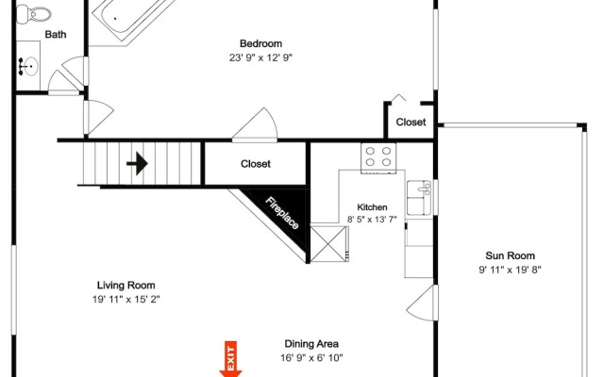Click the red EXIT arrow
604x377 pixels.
coord(230,359)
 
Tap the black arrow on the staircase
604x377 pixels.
coord(137,163)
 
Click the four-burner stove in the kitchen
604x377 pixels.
coord(378,157)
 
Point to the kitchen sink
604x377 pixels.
coord(419,198)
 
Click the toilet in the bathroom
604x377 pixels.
coord(34,15)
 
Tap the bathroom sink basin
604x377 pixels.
coord(29,67)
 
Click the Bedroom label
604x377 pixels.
coord(260,43)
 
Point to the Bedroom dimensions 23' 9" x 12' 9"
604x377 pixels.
coord(260,57)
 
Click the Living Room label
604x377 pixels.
coord(126,285)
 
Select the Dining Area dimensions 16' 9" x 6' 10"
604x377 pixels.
coord(311,358)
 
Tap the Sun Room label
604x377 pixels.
coord(510,255)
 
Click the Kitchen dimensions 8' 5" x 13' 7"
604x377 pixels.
coord(372,220)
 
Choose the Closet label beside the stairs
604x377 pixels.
coord(256,164)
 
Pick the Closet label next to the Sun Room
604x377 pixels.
coord(411,122)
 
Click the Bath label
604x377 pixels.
coord(56,34)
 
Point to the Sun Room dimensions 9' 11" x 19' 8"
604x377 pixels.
coord(510,270)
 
